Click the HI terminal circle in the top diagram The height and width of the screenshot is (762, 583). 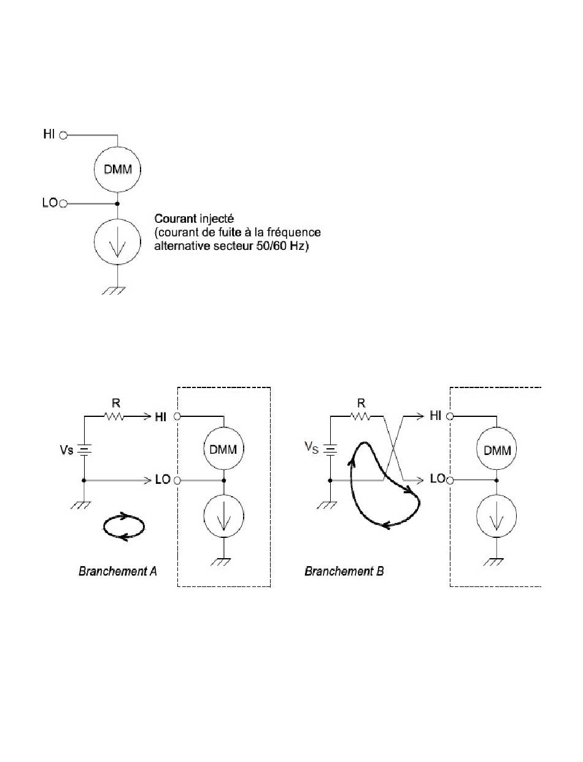click(63, 135)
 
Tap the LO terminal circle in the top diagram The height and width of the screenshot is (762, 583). click(63, 204)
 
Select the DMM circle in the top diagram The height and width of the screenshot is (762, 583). click(117, 169)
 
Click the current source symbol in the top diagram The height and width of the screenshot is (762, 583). click(117, 242)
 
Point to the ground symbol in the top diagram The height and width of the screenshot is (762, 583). click(114, 290)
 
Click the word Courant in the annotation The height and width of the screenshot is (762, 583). click(175, 219)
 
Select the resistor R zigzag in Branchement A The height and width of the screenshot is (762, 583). click(114, 416)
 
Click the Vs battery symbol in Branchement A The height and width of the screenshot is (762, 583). click(84, 450)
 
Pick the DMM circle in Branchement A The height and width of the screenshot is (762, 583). click(223, 449)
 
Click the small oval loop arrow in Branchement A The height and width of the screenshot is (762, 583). click(123, 527)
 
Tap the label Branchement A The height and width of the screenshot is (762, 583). click(118, 571)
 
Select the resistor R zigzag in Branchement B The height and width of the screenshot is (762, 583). click(360, 416)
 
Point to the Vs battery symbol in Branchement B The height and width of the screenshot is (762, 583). click(330, 450)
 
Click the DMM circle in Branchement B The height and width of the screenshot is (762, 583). click(496, 449)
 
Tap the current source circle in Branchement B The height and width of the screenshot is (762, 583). click(496, 516)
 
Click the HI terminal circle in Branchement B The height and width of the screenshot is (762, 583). click(450, 416)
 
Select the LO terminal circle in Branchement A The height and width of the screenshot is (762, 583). click(177, 480)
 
